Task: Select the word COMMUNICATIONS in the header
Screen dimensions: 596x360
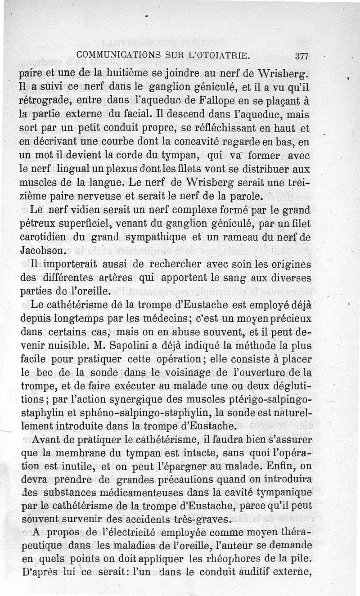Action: [114, 55]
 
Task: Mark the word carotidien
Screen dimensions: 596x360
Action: [45, 238]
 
